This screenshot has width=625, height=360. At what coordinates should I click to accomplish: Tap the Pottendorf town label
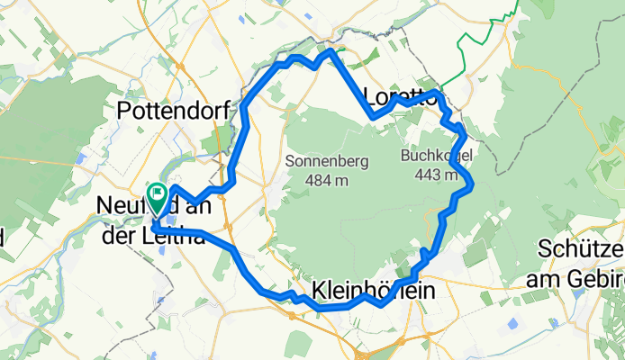[175, 111]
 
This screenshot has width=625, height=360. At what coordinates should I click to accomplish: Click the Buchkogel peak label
[436, 157]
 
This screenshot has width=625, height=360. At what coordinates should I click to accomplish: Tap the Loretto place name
[400, 96]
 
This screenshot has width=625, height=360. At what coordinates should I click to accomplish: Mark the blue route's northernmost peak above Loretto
[331, 51]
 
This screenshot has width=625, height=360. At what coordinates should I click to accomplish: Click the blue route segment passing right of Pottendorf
[243, 112]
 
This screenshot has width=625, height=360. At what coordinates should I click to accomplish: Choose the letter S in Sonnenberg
[290, 162]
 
